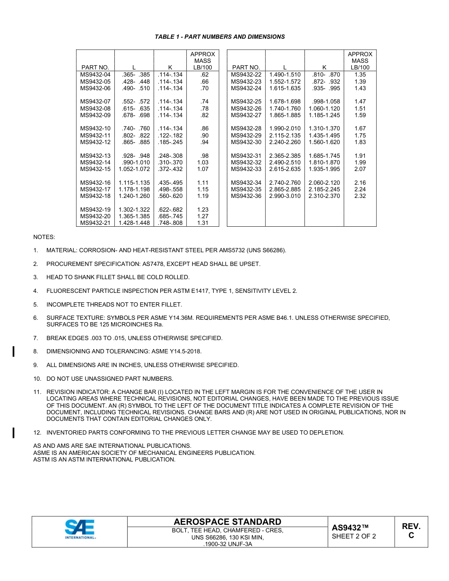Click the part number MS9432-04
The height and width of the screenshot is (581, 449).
click(x=95, y=75)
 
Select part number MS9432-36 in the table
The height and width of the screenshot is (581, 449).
click(x=246, y=196)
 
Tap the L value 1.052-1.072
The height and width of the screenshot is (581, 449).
click(x=134, y=169)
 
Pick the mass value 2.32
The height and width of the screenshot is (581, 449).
click(x=360, y=196)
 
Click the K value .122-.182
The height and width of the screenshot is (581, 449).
click(x=170, y=136)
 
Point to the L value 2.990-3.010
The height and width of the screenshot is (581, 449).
click(x=285, y=196)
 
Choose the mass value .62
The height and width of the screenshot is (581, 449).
click(x=204, y=75)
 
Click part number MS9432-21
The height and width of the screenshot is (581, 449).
click(x=95, y=223)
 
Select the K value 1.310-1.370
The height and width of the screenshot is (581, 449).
click(x=324, y=128)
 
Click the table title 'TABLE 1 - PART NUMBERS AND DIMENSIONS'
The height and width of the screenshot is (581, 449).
click(x=220, y=37)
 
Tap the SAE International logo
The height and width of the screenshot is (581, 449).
click(x=80, y=530)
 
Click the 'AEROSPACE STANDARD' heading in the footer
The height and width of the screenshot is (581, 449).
click(x=227, y=521)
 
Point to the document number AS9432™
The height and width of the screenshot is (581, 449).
click(x=350, y=528)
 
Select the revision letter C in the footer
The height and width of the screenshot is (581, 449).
click(x=411, y=536)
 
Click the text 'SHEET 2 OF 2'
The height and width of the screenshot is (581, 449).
click(x=354, y=536)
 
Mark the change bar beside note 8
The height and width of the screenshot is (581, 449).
click(x=14, y=351)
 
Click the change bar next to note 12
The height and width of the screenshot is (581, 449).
click(x=14, y=432)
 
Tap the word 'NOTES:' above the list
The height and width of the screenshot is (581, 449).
click(x=44, y=237)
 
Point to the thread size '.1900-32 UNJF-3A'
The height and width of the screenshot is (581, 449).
click(x=227, y=544)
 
